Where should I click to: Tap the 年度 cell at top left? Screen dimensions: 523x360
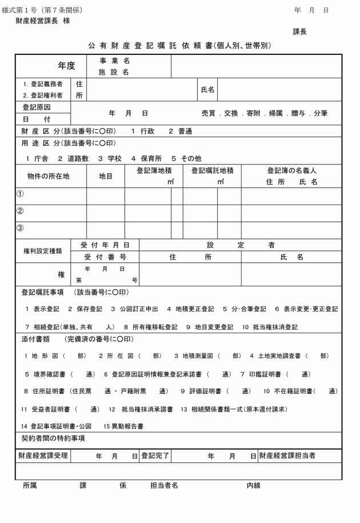click(66, 66)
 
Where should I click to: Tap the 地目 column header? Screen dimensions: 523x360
click(106, 176)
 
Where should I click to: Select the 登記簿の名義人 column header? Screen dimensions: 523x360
click(291, 170)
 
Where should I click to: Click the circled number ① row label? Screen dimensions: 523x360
click(20, 194)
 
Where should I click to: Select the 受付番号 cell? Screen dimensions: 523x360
click(105, 257)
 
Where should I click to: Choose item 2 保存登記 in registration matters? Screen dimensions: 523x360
click(85, 309)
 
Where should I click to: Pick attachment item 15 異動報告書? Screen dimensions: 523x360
click(123, 426)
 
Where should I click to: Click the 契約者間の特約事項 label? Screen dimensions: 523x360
click(49, 438)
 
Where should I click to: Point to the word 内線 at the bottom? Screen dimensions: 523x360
click(254, 485)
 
